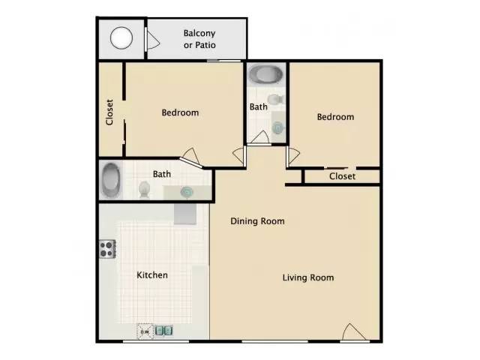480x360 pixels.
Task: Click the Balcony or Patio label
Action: pos(199,39)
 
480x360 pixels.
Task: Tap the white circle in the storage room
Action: pos(121,37)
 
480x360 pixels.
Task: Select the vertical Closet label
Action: pos(109,112)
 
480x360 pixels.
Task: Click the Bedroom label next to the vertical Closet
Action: pos(180,112)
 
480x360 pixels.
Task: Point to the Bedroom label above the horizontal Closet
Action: pos(334,117)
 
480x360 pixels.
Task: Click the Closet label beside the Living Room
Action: pos(342,176)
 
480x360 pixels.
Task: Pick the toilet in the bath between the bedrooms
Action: pos(274,99)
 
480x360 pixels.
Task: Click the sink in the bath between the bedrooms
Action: pos(278,127)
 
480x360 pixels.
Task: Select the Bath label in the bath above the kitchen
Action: pos(162,174)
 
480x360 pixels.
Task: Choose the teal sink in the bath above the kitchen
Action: pos(185,192)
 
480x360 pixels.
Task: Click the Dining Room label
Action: pos(257,221)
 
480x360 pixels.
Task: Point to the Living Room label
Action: pos(307,277)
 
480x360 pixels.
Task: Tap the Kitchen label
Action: pos(151,275)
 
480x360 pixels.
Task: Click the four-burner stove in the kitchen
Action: pos(106,248)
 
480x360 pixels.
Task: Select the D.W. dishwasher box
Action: pos(144,330)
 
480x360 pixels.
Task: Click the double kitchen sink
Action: pos(164,330)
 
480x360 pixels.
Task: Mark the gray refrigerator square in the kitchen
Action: pos(185,213)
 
